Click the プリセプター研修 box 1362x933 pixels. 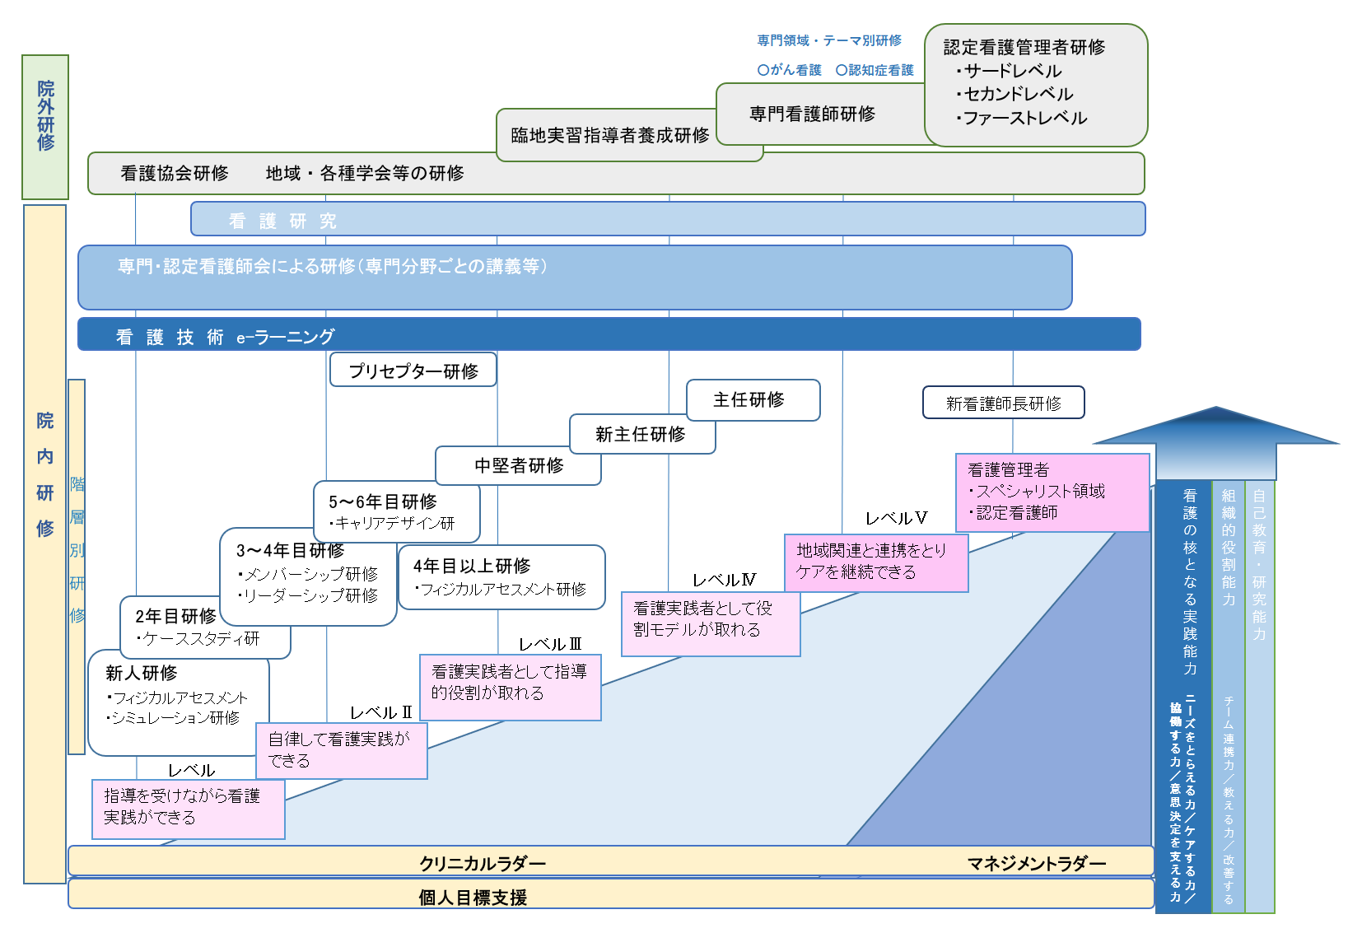pos(413,371)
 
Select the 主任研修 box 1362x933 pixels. pos(753,400)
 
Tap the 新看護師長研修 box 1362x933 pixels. pos(1003,403)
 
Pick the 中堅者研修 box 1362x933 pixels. pos(519,466)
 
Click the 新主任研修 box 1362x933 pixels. pos(641,434)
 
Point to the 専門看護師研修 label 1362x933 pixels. pos(812,114)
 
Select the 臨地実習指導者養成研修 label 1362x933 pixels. pos(609,135)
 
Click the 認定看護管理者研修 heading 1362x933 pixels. pos(1024,47)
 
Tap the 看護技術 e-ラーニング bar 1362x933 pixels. pos(609,335)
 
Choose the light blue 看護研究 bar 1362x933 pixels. pos(667,219)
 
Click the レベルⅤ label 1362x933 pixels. pos(896,518)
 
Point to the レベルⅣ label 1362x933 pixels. pos(724,580)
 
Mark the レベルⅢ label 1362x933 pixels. pos(550,644)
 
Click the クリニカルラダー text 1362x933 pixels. pos(483,863)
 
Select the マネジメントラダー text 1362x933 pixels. pos(1036,863)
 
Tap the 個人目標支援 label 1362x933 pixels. pos(473,897)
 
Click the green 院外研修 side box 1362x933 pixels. pos(45,127)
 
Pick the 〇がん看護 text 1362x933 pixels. pos(789,70)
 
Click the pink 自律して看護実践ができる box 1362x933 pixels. pos(341,750)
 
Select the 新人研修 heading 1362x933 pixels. pos(142,673)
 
